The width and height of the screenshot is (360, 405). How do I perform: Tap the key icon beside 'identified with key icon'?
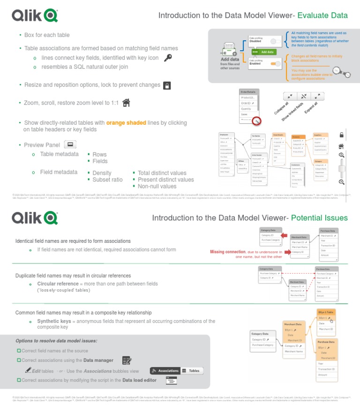pyautogui.click(x=168, y=58)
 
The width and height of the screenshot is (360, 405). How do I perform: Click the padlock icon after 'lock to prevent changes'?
pyautogui.click(x=166, y=85)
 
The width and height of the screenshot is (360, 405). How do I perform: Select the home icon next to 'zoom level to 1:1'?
pyautogui.click(x=126, y=103)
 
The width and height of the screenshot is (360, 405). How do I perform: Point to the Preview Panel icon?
pyautogui.click(x=69, y=144)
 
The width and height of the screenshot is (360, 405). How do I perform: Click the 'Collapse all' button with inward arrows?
pyautogui.click(x=290, y=96)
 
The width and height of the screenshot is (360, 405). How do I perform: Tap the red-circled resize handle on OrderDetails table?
pyautogui.click(x=256, y=121)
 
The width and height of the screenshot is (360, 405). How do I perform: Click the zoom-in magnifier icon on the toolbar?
pyautogui.click(x=342, y=155)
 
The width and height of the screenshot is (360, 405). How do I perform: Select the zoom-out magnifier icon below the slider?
pyautogui.click(x=342, y=182)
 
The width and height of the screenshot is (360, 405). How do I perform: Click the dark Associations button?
pyautogui.click(x=165, y=371)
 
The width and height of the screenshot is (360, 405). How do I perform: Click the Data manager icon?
pyautogui.click(x=127, y=360)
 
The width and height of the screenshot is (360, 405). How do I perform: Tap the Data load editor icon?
pyautogui.click(x=171, y=381)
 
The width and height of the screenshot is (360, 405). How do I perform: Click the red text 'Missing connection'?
pyautogui.click(x=227, y=252)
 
